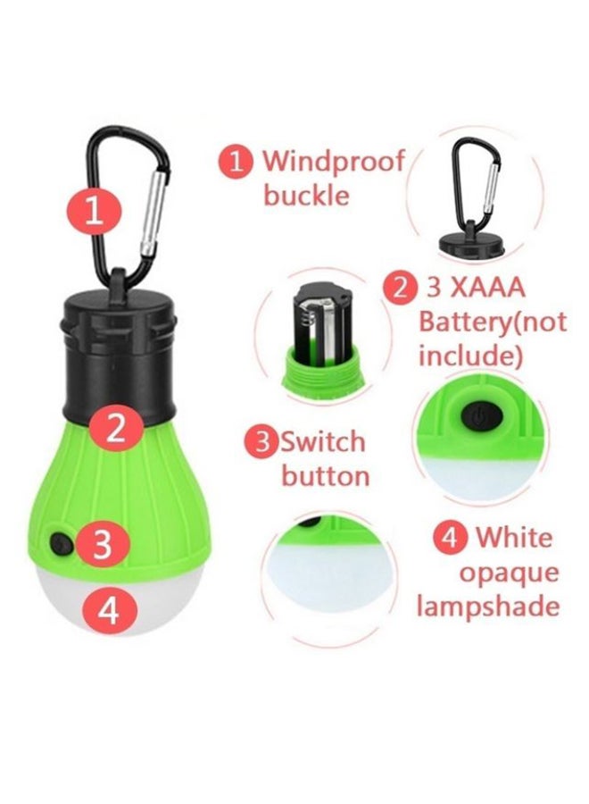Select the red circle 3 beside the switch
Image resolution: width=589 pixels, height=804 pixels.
click(x=104, y=544)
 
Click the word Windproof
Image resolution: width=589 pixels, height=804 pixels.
click(x=333, y=163)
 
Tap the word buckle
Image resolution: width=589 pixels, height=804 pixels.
click(x=306, y=196)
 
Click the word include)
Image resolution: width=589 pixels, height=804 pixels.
click(x=470, y=356)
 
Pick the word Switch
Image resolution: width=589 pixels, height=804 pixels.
click(x=323, y=441)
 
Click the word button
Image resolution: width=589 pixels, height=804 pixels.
click(x=325, y=476)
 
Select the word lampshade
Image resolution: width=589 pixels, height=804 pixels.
click(x=488, y=607)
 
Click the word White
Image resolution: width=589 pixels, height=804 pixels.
click(x=514, y=538)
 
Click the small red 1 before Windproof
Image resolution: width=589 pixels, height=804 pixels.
click(x=236, y=162)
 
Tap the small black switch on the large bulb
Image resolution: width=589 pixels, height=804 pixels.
click(x=62, y=540)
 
